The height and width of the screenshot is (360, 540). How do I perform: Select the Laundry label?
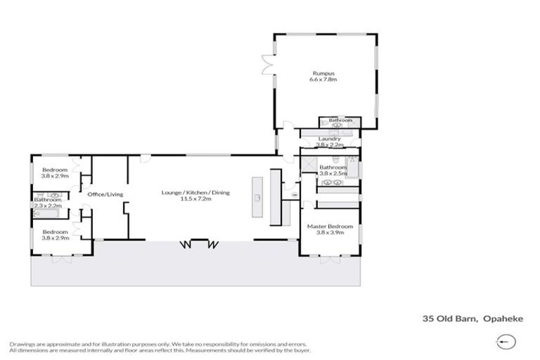click(x=329, y=139)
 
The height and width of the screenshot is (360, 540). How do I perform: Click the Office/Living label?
click(x=105, y=194)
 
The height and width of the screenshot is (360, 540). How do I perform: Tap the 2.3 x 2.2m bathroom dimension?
click(x=48, y=206)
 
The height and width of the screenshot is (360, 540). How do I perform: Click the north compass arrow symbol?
click(x=503, y=342)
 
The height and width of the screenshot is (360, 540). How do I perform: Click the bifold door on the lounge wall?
click(x=200, y=244)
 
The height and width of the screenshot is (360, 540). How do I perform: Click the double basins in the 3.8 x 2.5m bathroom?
click(x=332, y=183)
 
